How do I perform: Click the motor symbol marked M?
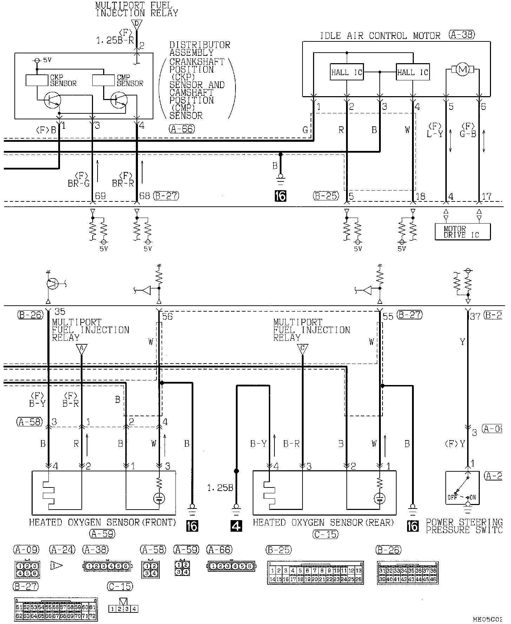tap(462, 70)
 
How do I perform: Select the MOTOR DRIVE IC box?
tap(462, 232)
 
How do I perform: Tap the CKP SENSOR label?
tap(63, 80)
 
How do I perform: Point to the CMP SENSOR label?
tap(130, 80)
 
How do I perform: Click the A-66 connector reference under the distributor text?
tap(181, 129)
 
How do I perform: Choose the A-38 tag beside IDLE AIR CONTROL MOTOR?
tap(462, 35)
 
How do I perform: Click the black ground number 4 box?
tap(237, 526)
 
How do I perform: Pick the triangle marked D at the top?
tap(137, 25)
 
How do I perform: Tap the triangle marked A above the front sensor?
tap(81, 349)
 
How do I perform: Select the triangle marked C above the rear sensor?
tap(303, 349)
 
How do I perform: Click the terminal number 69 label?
tap(100, 196)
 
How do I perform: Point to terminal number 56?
tap(168, 316)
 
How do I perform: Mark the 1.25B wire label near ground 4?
tap(220, 488)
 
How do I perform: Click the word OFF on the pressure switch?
tap(452, 497)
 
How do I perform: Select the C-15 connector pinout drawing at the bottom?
tap(123, 609)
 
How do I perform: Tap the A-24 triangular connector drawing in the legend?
tap(57, 565)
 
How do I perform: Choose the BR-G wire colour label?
tap(79, 183)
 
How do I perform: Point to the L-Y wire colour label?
tap(434, 134)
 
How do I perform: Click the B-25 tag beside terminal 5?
tap(326, 196)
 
